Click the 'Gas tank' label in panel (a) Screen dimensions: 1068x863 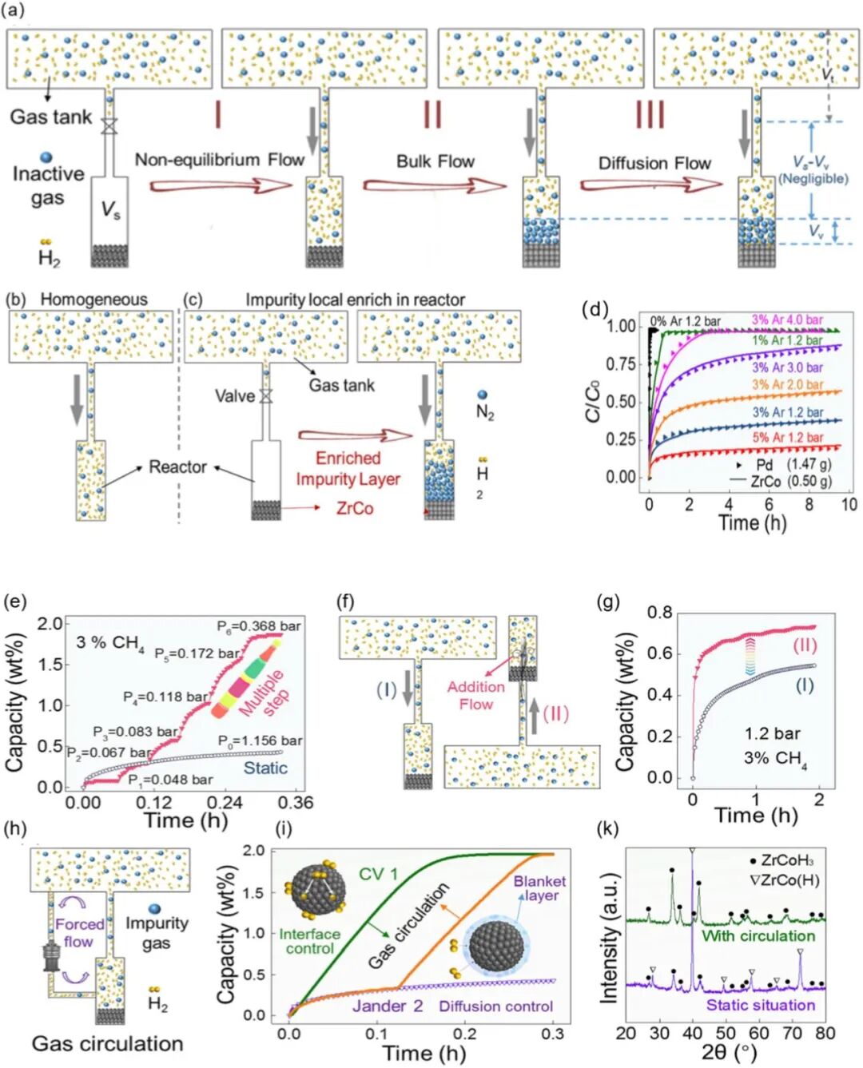[x=50, y=117]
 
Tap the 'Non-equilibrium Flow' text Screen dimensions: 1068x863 [x=219, y=160]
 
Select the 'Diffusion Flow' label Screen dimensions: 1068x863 [x=654, y=164]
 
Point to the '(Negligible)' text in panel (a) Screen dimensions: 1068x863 [x=813, y=178]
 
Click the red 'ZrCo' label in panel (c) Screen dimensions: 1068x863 [x=355, y=509]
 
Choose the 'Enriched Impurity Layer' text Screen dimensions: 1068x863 [x=348, y=469]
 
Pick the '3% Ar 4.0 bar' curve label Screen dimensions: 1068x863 [x=786, y=320]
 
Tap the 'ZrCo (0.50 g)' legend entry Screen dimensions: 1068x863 [x=790, y=481]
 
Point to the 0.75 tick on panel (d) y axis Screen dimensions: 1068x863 [x=620, y=363]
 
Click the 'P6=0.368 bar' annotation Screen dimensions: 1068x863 [x=259, y=626]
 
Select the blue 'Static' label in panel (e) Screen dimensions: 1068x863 [x=265, y=768]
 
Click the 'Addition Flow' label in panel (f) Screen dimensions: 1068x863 [x=475, y=695]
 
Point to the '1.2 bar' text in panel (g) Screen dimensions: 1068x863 [x=772, y=733]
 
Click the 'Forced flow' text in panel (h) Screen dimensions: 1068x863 [x=79, y=932]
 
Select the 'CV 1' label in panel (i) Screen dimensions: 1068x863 [x=378, y=874]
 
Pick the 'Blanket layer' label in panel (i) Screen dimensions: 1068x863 [x=539, y=887]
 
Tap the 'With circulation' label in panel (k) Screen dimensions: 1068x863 [x=758, y=935]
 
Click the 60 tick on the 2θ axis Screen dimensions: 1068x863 [x=759, y=1033]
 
